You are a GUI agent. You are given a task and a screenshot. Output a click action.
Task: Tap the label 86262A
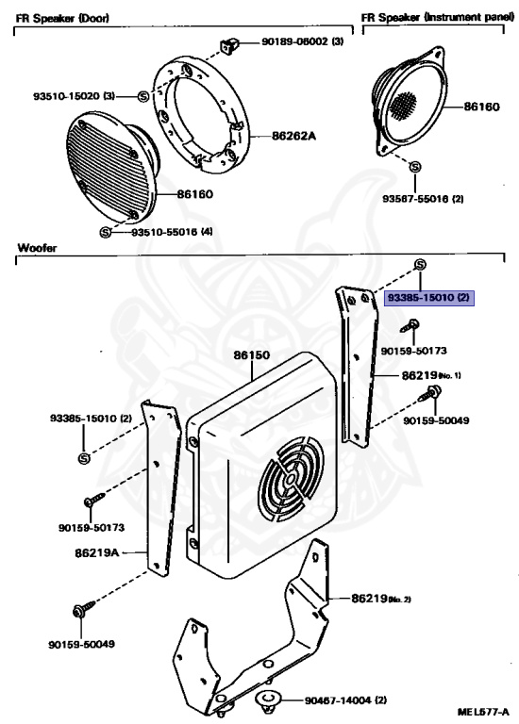click(293, 136)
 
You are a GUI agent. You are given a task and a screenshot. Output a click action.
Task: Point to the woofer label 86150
click(252, 356)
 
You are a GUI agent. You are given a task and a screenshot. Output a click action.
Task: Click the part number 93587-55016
click(423, 199)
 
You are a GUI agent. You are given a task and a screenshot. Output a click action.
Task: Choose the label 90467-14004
click(345, 700)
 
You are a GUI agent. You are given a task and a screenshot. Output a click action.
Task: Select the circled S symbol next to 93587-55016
click(415, 168)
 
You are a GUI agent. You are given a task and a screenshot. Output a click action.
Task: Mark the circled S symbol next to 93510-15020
click(142, 96)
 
